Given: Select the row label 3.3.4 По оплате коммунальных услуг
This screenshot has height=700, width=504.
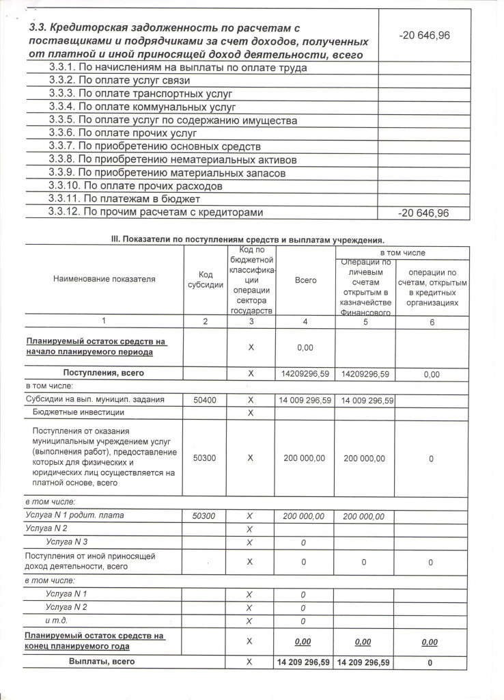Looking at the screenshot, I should click(x=142, y=107).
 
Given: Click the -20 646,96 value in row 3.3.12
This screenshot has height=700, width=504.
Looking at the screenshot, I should click(x=423, y=213).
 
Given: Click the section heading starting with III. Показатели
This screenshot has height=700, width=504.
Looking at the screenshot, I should click(x=242, y=239).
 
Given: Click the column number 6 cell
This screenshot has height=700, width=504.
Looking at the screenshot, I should click(x=432, y=323).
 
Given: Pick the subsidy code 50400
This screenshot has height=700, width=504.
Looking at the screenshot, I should click(x=205, y=400).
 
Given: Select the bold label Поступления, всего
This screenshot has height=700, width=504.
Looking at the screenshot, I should click(x=103, y=373).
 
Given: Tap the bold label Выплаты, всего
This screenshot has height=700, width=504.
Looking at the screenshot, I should click(x=101, y=662).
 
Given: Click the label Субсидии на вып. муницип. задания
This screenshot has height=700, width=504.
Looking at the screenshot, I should click(x=95, y=400).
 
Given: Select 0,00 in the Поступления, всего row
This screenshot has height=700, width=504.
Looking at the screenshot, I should click(x=432, y=375).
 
